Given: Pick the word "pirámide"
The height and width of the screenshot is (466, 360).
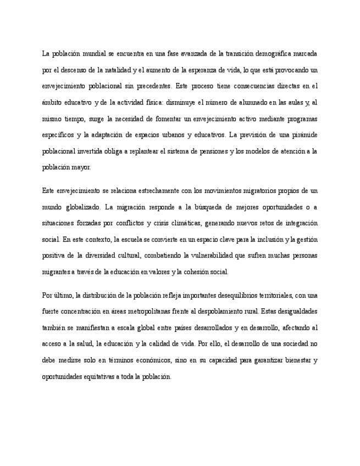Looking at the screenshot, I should (x=303, y=135).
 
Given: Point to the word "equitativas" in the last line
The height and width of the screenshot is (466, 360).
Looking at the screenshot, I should (x=97, y=377).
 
